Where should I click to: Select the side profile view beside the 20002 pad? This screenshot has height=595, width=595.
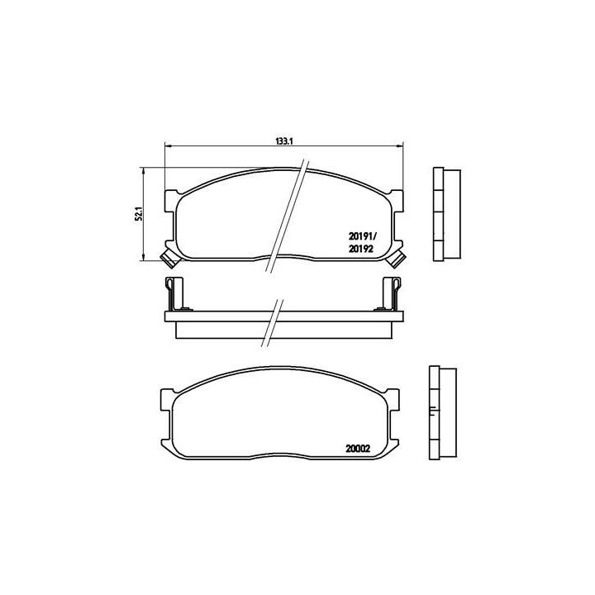pos(444,413)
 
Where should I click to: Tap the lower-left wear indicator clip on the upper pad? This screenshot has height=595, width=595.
pos(168,258)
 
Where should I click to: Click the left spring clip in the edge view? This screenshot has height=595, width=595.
pos(174,293)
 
